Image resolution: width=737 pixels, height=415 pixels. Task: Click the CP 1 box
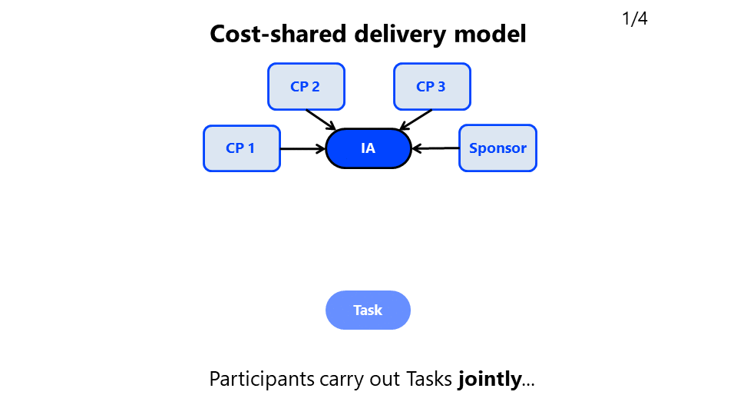241,148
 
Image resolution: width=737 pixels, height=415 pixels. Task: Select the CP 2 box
306,87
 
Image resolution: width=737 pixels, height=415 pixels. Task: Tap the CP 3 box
431,87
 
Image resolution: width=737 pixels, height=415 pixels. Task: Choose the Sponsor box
497,148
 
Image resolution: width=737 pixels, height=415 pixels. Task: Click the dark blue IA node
368,148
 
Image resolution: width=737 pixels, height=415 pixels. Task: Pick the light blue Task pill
368,310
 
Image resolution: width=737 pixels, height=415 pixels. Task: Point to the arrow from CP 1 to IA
303,148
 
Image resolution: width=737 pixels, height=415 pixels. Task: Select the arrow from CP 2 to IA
321,120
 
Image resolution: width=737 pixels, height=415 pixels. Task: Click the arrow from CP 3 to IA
416,120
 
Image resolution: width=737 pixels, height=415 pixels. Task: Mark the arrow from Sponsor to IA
435,148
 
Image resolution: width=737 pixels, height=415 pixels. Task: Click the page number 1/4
634,19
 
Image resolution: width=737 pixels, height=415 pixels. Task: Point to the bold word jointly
489,379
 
